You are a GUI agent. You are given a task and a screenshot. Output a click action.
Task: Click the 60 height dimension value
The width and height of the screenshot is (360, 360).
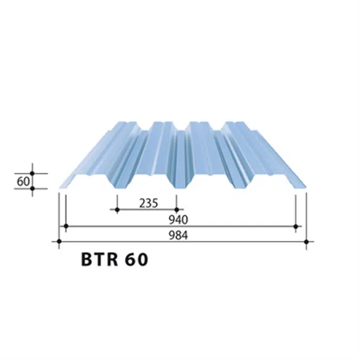pos(23,181)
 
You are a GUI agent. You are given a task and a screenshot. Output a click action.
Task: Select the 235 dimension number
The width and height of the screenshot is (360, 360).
pos(148,203)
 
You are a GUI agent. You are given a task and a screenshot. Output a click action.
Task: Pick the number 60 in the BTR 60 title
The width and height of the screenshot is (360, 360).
pos(137,260)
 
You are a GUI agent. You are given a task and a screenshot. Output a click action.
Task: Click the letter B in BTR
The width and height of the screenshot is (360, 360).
pos(87,260)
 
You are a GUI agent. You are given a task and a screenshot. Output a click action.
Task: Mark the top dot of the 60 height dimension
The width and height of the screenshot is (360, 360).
pos(33,173)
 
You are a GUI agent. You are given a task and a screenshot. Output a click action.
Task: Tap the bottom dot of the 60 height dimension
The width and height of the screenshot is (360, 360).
pos(33,188)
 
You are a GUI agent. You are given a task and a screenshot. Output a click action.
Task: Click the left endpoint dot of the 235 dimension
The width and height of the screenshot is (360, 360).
pos(117,210)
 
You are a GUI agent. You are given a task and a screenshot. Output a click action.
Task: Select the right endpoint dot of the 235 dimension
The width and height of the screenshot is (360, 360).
pos(177,210)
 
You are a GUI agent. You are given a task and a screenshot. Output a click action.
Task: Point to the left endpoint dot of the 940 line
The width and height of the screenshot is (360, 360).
pos(66,226)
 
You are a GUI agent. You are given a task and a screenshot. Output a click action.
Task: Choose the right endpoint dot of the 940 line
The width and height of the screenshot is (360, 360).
pos(296,226)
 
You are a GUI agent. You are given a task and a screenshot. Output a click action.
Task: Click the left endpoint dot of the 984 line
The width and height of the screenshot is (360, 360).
pos(59,242)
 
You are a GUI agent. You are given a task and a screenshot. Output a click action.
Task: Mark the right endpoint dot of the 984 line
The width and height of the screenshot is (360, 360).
pos(306,242)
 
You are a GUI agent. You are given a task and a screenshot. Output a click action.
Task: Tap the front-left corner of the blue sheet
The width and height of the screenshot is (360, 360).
pos(59,188)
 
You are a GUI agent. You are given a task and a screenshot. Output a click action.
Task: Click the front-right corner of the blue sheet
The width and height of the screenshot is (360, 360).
pos(306,188)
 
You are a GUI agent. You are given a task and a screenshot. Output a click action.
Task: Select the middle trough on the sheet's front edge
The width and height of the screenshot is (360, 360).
pos(177,188)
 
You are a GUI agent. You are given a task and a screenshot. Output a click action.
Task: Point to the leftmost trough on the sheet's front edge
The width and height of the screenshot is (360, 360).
pos(117,188)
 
